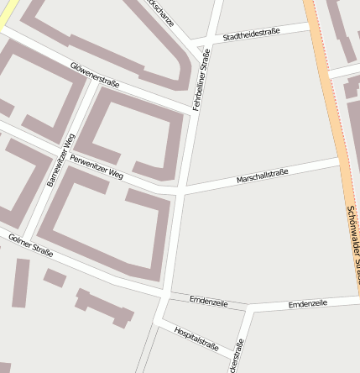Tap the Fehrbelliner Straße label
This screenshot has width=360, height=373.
pyautogui.click(x=204, y=77)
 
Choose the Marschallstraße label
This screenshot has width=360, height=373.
pyautogui.click(x=262, y=176)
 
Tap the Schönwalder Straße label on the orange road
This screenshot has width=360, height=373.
pyautogui.click(x=352, y=244)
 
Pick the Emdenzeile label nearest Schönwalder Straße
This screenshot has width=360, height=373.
pyautogui.click(x=308, y=302)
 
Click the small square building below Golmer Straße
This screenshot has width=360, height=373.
pyautogui.click(x=55, y=276)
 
